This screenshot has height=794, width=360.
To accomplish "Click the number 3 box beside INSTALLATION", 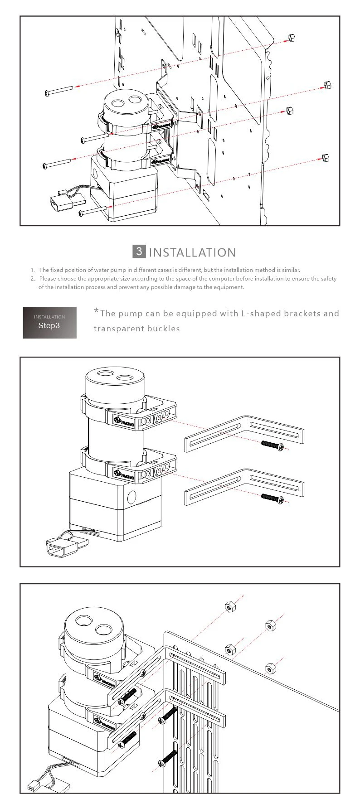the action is (x=140, y=252).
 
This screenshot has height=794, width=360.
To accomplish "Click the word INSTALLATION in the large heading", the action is (x=192, y=252).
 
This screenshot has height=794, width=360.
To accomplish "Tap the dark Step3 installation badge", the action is (x=49, y=322).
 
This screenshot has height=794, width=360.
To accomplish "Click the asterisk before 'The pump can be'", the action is (x=96, y=311).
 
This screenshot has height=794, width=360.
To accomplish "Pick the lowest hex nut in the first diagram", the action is (x=325, y=158).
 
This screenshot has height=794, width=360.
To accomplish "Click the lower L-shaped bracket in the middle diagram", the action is (x=245, y=486).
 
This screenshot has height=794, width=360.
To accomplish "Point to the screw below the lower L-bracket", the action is (x=273, y=498).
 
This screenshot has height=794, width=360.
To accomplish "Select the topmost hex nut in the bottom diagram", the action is (x=229, y=606).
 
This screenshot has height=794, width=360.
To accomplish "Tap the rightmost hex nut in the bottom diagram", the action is (x=271, y=668).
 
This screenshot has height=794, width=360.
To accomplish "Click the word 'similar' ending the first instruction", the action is (x=291, y=270).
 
